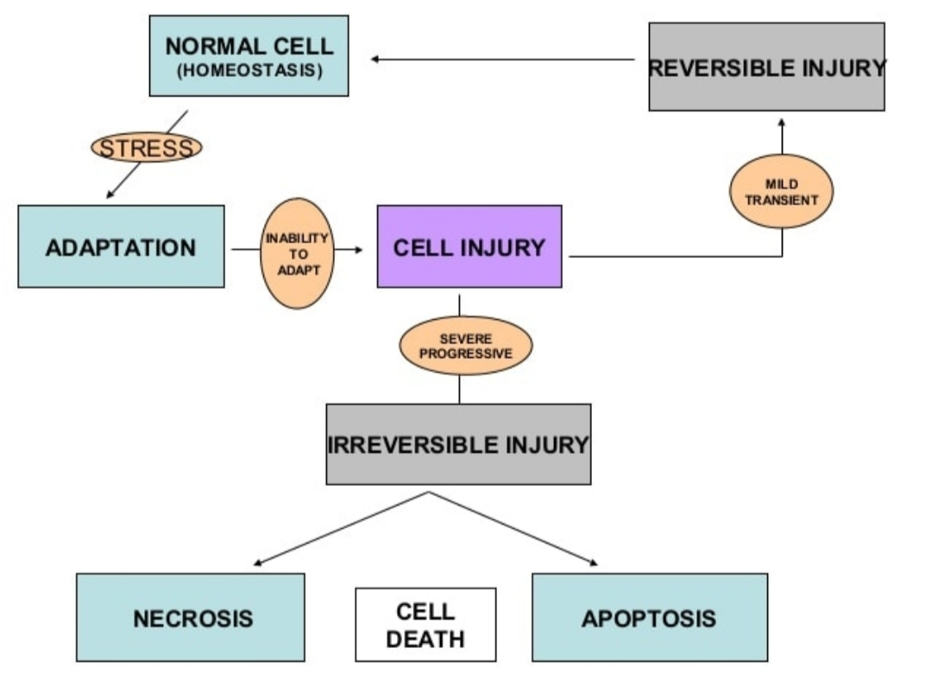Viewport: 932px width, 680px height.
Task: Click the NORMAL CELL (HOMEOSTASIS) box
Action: (x=249, y=56)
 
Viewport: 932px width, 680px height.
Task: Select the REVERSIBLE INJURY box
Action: (x=766, y=67)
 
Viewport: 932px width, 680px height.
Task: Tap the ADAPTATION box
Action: (x=121, y=247)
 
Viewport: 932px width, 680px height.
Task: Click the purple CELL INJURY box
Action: (x=469, y=247)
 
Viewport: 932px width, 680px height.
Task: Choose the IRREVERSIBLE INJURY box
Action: (x=458, y=444)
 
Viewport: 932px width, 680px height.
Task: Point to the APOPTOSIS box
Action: (x=649, y=617)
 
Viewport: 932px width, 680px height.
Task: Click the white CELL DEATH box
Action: (x=425, y=625)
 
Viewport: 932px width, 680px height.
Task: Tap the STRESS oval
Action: (x=147, y=148)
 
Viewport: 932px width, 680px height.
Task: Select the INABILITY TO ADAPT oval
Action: (x=297, y=253)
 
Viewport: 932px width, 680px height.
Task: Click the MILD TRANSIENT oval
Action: (x=782, y=191)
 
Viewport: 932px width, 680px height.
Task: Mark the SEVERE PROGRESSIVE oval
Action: (x=465, y=345)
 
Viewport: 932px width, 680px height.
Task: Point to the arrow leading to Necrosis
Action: (x=341, y=529)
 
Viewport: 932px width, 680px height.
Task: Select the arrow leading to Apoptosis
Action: (x=513, y=529)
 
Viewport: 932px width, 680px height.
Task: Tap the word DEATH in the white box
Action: (x=425, y=639)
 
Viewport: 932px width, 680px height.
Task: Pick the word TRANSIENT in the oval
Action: (x=782, y=198)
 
